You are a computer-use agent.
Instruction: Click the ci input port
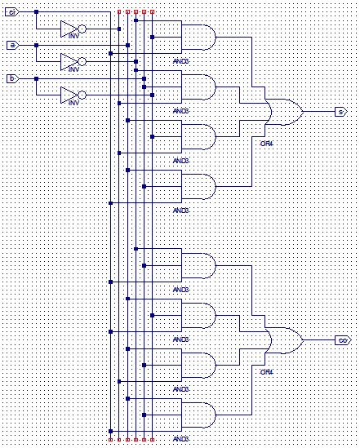(11, 12)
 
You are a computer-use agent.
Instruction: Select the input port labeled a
(11, 45)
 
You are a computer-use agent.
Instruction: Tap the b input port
(11, 78)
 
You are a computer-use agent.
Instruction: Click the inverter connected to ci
(72, 29)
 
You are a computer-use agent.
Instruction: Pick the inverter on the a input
(72, 61)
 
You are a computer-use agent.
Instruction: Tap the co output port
(341, 339)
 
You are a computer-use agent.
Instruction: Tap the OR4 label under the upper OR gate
(266, 143)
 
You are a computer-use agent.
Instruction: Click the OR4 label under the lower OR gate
(266, 372)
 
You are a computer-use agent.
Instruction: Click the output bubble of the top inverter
(82, 29)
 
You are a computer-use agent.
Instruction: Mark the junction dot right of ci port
(36, 12)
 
